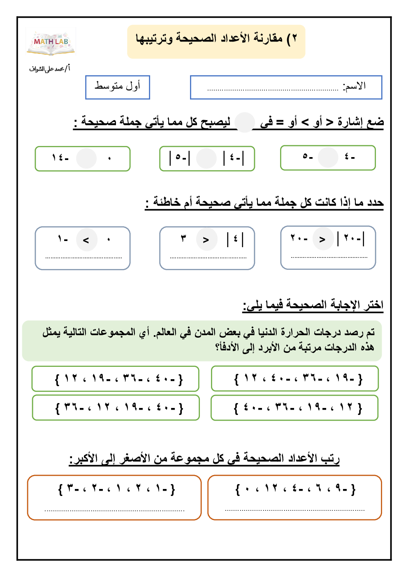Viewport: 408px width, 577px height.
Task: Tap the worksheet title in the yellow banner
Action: [216, 39]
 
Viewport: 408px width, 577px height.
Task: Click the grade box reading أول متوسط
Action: [118, 87]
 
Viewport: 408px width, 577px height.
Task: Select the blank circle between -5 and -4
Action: [328, 157]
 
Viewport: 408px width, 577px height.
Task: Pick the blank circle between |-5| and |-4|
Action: [206, 158]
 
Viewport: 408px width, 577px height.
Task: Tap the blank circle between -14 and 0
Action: [86, 158]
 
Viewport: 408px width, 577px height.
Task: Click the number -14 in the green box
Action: [60, 158]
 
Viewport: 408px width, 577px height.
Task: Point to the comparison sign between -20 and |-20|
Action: [322, 239]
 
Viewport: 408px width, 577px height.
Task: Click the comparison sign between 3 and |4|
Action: [206, 239]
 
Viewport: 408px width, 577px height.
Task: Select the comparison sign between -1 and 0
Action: [86, 240]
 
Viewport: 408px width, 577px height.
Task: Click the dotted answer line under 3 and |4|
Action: [208, 258]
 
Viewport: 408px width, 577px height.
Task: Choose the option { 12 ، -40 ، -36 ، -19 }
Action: [294, 378]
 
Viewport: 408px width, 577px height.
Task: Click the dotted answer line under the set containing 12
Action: [294, 510]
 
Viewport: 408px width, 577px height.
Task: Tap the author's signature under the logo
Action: [49, 69]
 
